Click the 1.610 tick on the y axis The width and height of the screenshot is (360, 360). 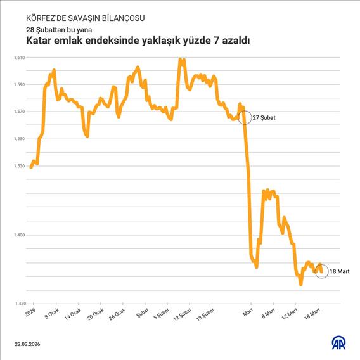coord(18,58)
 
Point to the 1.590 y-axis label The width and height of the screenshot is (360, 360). coord(18,85)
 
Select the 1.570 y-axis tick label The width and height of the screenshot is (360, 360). coord(18,112)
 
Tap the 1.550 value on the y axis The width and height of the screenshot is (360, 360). coord(18,139)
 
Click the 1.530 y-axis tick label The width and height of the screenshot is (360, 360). coord(18,167)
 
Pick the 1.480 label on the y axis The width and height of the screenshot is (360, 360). coord(18,235)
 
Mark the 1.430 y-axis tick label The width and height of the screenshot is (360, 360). coord(18,304)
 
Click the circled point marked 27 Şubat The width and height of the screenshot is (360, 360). coord(244,118)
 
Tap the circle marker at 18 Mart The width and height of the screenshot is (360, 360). coord(321,271)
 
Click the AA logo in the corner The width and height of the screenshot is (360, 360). coord(340,343)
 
